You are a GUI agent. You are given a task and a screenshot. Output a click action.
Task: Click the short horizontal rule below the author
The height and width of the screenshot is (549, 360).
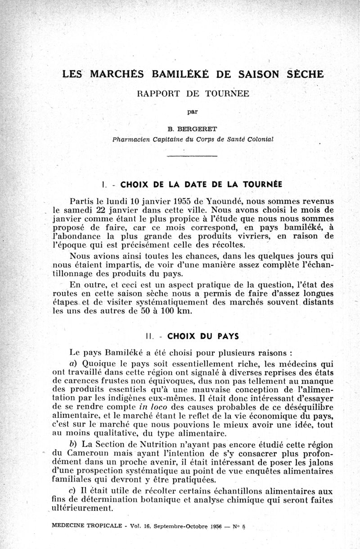click(192, 156)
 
